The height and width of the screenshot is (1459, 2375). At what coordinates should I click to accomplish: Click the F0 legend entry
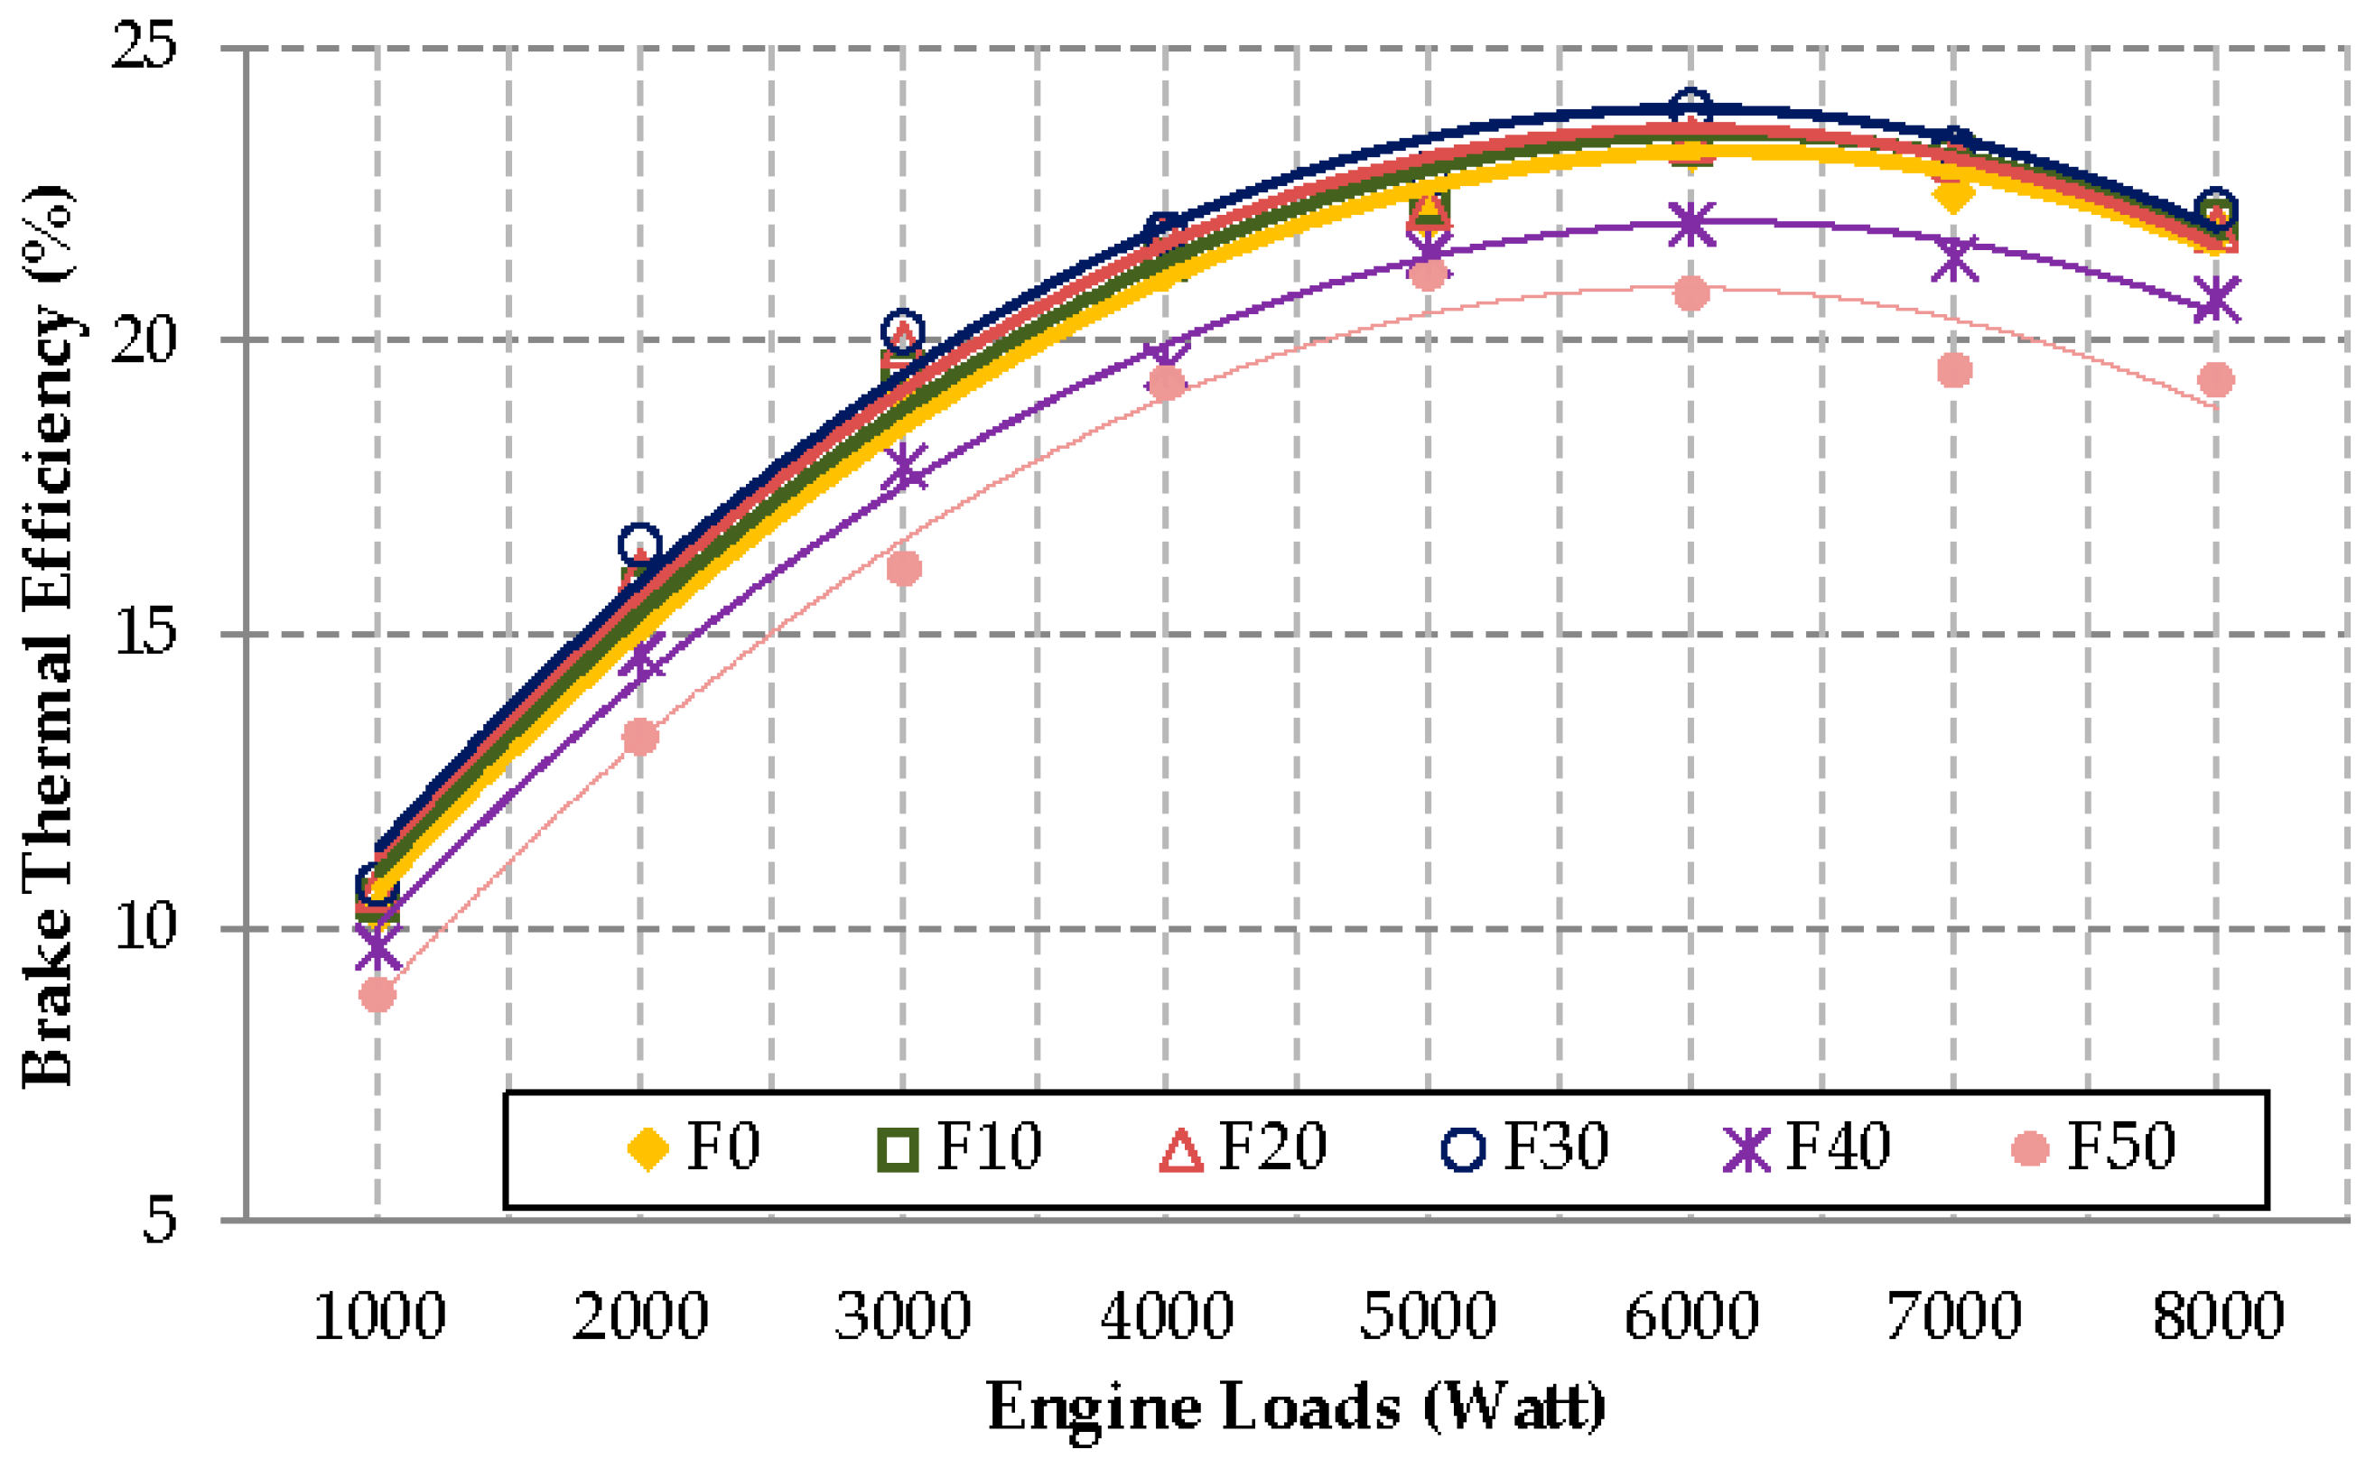694,1148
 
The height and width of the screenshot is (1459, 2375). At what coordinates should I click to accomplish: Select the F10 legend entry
960,1148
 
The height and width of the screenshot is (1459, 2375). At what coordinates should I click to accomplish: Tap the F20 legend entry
1243,1148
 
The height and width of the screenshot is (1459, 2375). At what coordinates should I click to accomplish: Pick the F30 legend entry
1526,1148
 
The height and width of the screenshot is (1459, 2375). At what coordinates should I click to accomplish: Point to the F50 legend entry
2093,1148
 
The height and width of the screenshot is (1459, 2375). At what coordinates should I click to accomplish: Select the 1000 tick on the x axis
379,1316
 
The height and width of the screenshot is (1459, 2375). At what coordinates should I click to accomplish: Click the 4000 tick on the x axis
1167,1316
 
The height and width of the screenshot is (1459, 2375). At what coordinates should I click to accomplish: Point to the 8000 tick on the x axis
2218,1316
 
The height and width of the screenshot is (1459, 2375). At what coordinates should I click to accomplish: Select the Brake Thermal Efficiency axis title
48,637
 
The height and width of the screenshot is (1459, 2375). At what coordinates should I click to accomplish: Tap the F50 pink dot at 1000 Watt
377,995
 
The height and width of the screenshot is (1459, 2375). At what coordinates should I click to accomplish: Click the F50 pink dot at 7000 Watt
1954,369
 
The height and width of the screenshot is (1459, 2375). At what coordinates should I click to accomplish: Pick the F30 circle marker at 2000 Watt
640,545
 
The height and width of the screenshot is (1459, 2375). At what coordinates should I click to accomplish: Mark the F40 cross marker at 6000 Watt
1690,225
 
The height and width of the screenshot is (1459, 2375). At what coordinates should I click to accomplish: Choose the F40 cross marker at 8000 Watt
2217,298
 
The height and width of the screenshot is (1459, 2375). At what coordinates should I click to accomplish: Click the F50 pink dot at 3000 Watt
903,569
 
